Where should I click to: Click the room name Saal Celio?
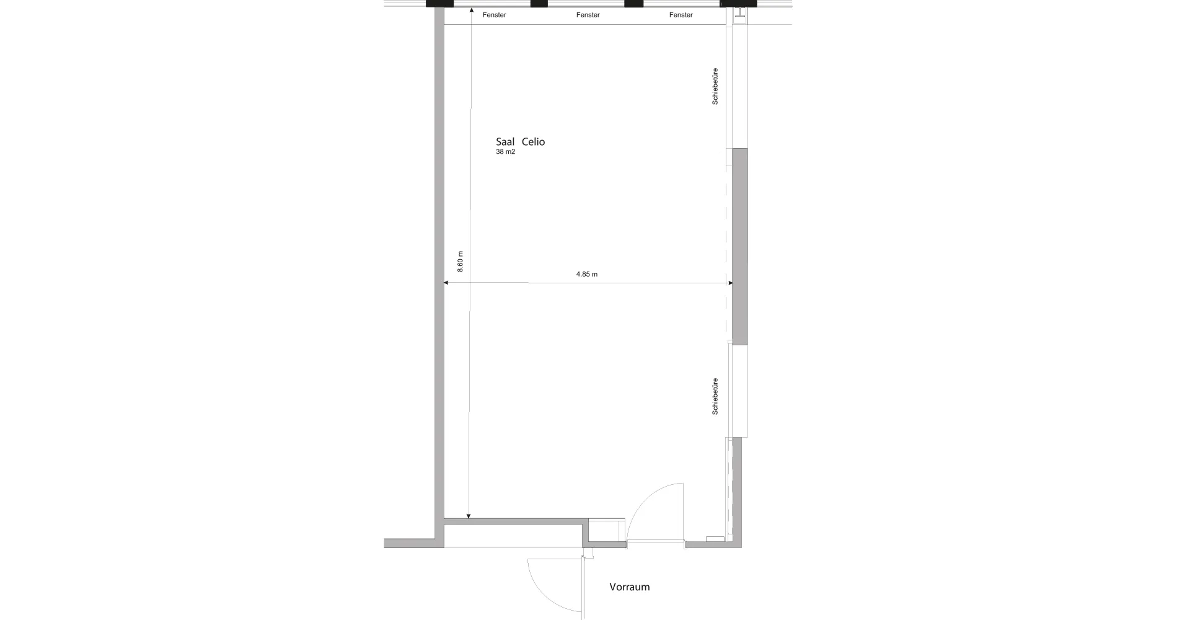pos(520,142)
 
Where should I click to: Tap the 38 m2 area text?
pos(505,152)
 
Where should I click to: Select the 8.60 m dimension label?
pos(460,262)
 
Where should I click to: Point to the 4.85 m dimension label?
pos(586,274)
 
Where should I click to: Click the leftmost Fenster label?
pos(494,15)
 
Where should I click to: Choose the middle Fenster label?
pos(588,15)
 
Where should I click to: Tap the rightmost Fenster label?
pos(681,15)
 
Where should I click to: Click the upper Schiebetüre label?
pos(715,86)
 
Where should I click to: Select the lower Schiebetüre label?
pos(715,396)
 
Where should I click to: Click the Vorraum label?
pos(629,587)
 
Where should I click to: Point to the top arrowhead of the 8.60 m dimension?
pos(471,11)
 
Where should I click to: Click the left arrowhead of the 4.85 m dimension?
pos(447,283)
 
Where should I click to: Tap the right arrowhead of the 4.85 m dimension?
pos(730,283)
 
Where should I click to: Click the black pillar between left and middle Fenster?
pos(539,4)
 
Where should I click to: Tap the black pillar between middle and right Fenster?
pos(633,4)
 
